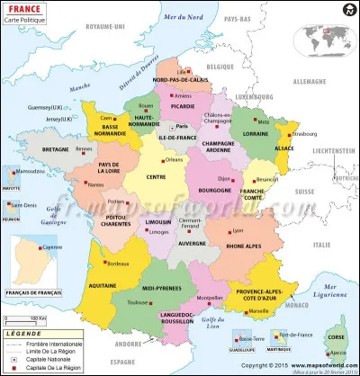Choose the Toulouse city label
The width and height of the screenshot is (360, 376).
[x=139, y=303]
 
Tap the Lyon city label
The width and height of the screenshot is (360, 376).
[x=238, y=231]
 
